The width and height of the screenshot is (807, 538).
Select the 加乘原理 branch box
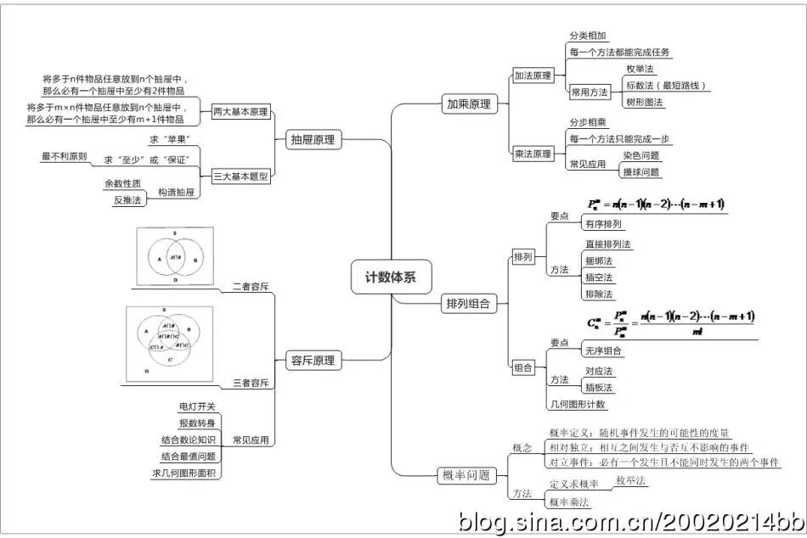(x=469, y=104)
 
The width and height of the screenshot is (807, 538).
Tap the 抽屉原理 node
(x=312, y=140)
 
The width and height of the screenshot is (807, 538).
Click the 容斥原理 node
(x=312, y=361)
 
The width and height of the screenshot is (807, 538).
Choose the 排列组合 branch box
(x=468, y=303)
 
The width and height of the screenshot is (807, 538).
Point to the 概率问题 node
(x=466, y=475)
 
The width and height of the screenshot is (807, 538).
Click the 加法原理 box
(x=533, y=76)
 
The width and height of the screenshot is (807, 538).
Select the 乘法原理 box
(x=533, y=154)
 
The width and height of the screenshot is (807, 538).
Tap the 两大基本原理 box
(x=240, y=111)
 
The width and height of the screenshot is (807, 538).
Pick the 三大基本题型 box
(x=240, y=177)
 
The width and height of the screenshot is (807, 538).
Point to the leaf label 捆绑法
(x=598, y=261)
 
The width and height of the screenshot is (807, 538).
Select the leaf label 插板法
(x=599, y=388)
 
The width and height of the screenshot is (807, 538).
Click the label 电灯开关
(x=197, y=406)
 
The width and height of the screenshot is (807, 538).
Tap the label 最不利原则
(x=64, y=156)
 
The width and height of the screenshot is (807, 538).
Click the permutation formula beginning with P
(x=656, y=205)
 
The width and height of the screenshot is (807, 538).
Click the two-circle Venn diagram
(x=175, y=255)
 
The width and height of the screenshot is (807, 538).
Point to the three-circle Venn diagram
(x=169, y=343)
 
